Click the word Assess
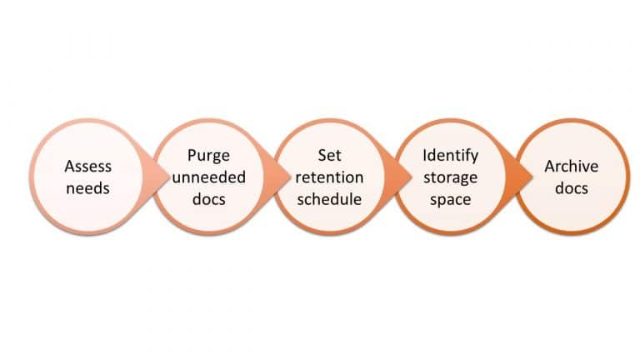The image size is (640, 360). [87, 167]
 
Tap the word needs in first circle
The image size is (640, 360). [87, 188]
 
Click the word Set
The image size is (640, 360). [329, 156]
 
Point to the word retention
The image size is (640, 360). [329, 177]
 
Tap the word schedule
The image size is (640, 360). [329, 199]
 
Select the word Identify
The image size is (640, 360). [450, 156]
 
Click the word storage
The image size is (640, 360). [450, 177]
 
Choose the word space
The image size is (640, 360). [450, 199]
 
